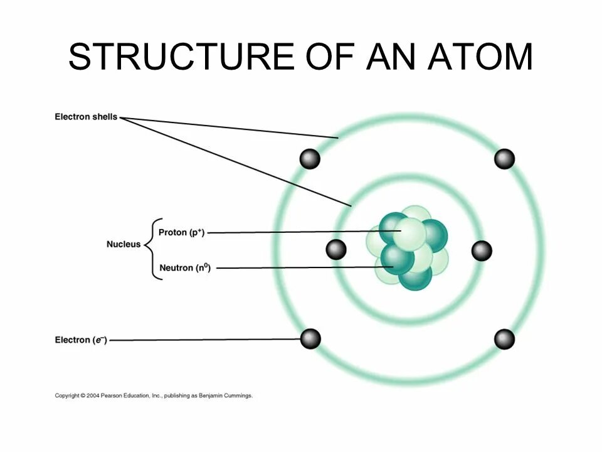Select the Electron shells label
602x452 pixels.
coord(86,117)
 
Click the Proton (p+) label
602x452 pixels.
coord(182,232)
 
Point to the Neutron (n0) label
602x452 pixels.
coord(185,268)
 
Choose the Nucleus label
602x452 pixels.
coord(124,244)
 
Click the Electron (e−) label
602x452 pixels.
coord(81,340)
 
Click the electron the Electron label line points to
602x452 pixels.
coord(310,339)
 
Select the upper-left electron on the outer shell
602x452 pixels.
coord(310,159)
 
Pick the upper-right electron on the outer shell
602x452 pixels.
coord(504,159)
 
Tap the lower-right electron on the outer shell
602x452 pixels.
coord(504,339)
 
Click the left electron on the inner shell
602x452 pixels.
coord(336,250)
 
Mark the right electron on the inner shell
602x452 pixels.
coord(482,251)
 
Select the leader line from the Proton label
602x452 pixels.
coord(301,232)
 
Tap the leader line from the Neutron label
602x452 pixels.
coord(301,267)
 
